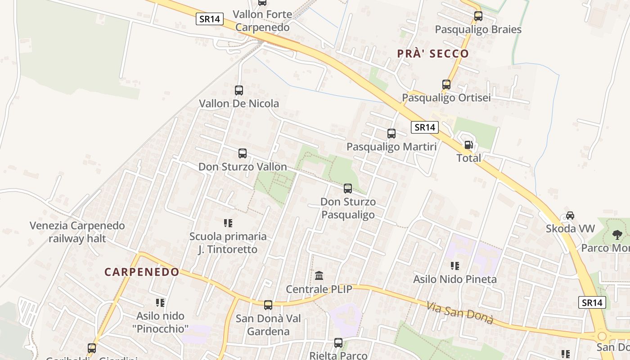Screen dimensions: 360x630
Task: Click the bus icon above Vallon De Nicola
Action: point(239,90)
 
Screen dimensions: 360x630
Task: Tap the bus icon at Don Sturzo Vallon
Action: point(243,153)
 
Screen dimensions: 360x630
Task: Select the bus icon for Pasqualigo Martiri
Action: point(391,134)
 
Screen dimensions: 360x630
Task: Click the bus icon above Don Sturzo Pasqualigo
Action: point(348,189)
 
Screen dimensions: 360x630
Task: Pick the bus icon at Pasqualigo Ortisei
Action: point(446,85)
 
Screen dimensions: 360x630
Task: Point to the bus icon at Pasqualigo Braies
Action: point(478,16)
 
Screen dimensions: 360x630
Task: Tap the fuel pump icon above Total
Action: point(468,145)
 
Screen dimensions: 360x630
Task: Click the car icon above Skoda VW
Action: point(570,216)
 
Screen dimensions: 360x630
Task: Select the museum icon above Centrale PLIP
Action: point(319,275)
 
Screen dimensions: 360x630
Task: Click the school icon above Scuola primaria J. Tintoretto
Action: point(228,223)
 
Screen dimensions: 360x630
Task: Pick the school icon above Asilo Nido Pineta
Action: point(455,266)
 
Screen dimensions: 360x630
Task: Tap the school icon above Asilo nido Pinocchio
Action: point(160,302)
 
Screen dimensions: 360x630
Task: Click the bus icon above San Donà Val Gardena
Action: point(268,305)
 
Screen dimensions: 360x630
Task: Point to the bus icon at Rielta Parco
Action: point(338,343)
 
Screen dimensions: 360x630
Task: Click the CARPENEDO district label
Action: point(142,272)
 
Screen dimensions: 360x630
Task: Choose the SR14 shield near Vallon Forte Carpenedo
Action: point(210,19)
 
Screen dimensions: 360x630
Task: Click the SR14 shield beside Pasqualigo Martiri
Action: point(425,127)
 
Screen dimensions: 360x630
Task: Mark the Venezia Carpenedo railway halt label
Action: point(77,232)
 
